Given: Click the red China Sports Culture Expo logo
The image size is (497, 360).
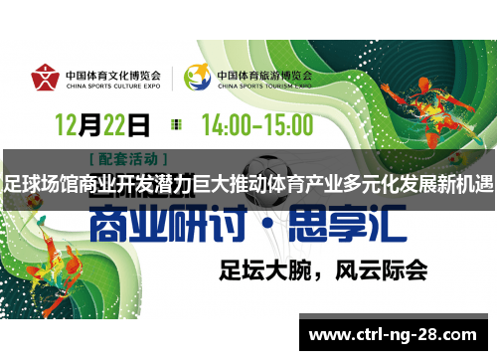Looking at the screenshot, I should pyautogui.click(x=45, y=79).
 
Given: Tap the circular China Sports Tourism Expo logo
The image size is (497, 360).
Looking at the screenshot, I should pyautogui.click(x=197, y=78).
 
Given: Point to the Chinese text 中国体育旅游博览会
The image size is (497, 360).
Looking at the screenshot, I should pyautogui.click(x=263, y=74).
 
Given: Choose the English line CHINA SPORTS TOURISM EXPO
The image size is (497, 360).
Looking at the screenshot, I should pyautogui.click(x=263, y=86).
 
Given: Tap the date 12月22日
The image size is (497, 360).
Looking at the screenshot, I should pyautogui.click(x=101, y=124).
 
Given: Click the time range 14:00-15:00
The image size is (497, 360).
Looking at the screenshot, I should pyautogui.click(x=256, y=124).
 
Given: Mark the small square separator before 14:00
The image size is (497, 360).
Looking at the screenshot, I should pyautogui.click(x=177, y=124).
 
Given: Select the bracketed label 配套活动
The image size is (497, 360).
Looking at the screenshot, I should pyautogui.click(x=128, y=158).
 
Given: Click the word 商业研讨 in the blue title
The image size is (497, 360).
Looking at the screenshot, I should pyautogui.click(x=170, y=227).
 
